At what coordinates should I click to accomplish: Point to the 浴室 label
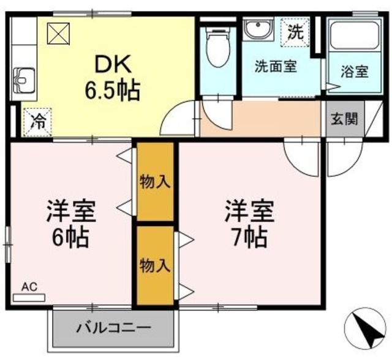[354, 71]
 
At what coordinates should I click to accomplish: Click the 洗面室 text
[276, 66]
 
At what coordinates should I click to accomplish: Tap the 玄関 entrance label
[344, 120]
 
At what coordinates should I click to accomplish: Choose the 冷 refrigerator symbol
[38, 120]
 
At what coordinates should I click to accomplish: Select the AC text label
[29, 286]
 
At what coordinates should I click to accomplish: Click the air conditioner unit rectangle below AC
[29, 298]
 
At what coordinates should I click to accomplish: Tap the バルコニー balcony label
[113, 328]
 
